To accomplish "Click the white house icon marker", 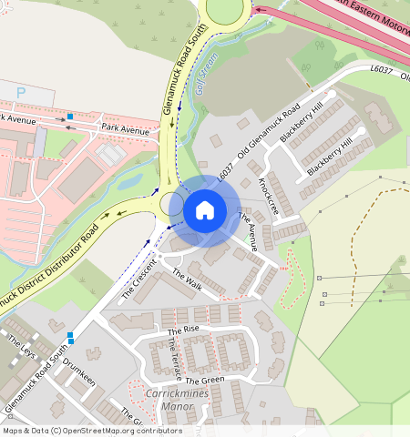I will tap(205, 211).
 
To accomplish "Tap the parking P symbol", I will tap(22, 94).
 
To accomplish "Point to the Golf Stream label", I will tap(208, 69).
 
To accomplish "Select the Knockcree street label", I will tap(269, 196).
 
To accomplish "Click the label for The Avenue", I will tap(248, 232).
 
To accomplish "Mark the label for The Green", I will tap(205, 380).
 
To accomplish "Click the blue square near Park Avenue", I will tap(69, 117).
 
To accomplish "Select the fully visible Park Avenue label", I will tap(126, 130).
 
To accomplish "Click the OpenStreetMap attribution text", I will tap(91, 431).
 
